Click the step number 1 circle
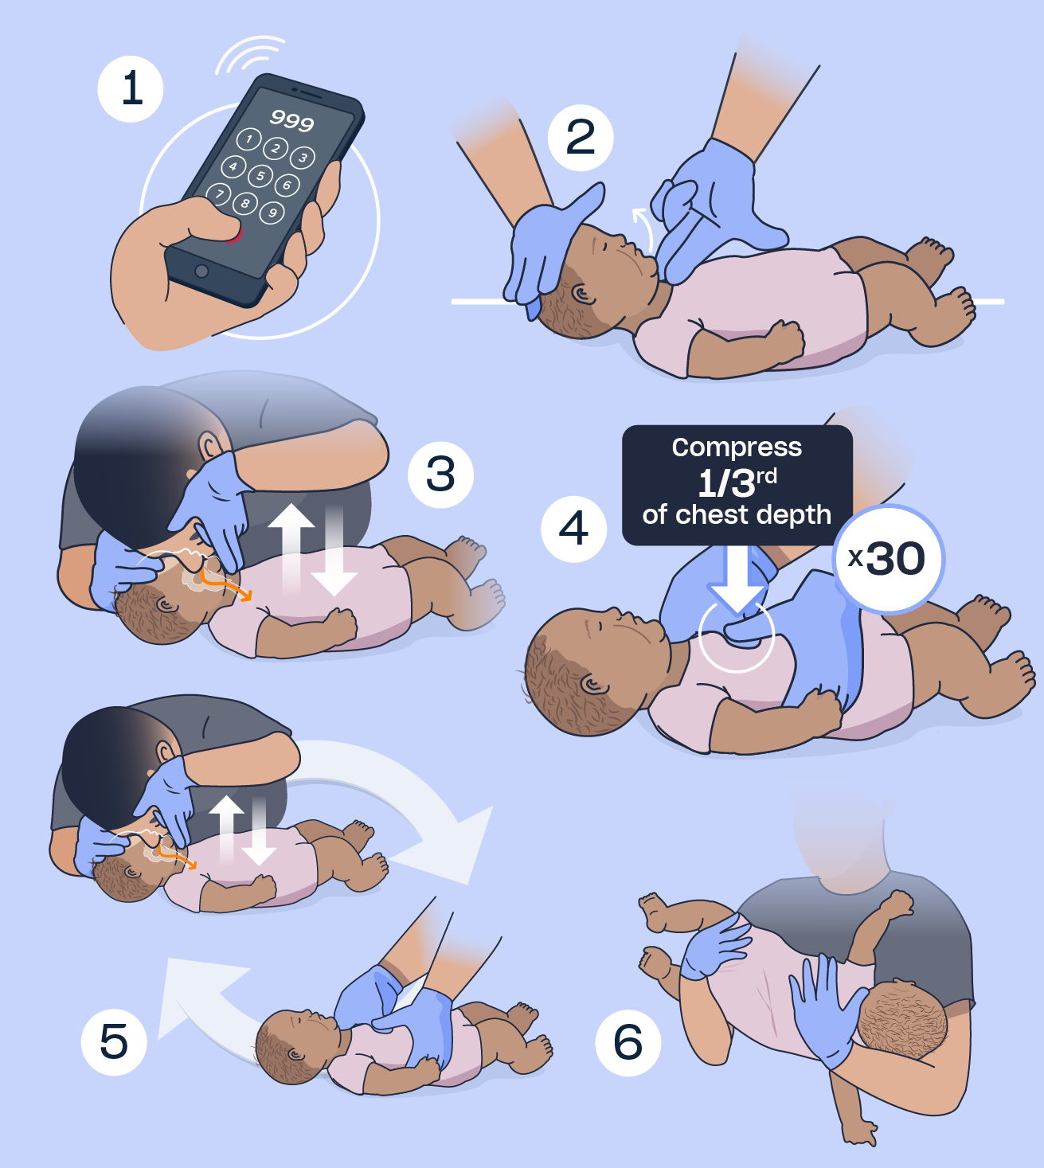coord(131,89)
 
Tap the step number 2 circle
coord(581,138)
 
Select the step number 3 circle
coord(440,475)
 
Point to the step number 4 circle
coord(574,529)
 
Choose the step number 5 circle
coord(114,1042)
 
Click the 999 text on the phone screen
coord(292,120)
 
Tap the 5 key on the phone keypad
coord(260,176)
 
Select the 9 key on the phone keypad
coord(272,213)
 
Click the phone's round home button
coord(201,271)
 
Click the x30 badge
coord(888,559)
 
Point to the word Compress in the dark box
coord(737,447)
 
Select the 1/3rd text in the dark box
coord(737,482)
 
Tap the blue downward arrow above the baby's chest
coord(737,580)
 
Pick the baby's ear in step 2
coord(583,295)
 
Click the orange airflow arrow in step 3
coord(224,584)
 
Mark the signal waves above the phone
coord(249,55)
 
